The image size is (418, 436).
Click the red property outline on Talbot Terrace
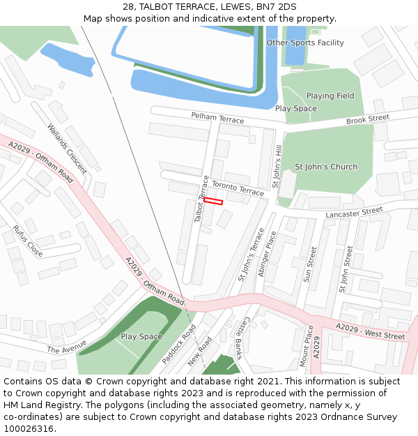pos(213,201)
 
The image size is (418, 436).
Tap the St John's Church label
pos(326,167)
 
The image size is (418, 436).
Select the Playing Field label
pos(330,96)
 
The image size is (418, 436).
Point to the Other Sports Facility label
pos(305,43)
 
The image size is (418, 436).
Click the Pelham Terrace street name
pos(217,118)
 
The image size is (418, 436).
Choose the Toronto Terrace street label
pos(238,188)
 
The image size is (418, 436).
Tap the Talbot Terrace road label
pos(202,199)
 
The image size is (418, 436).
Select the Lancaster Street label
pos(354,211)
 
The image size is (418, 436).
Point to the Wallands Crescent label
pos(67,149)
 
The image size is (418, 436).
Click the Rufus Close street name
pos(28,241)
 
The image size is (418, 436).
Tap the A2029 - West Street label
pos(370,331)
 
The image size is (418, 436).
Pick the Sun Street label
pos(310,264)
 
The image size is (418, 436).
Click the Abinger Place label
pos(268,255)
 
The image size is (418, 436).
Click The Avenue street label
pos(66,346)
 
